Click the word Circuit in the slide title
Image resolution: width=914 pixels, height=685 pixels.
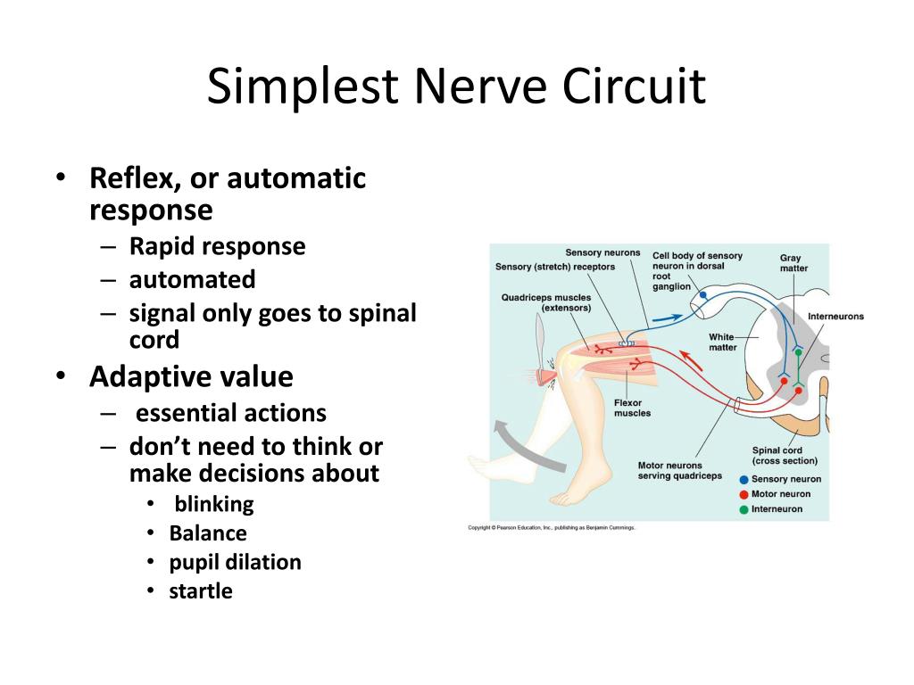(635, 87)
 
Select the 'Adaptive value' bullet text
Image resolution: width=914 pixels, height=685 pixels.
(191, 376)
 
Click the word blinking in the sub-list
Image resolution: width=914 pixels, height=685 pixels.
(214, 504)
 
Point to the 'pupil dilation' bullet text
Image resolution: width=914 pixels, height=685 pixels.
(236, 562)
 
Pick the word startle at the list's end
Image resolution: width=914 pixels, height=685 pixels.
(201, 590)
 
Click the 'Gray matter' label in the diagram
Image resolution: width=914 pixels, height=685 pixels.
(793, 263)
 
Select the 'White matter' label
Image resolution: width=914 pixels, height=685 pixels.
(722, 342)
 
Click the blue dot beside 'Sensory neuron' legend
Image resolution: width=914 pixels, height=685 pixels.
(744, 480)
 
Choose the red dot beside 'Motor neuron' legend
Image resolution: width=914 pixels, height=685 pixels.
(744, 494)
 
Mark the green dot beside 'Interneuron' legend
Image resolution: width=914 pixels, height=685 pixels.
(744, 509)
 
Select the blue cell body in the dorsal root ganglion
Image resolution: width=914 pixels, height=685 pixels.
(702, 294)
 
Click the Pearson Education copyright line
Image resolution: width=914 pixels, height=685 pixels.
(552, 528)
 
